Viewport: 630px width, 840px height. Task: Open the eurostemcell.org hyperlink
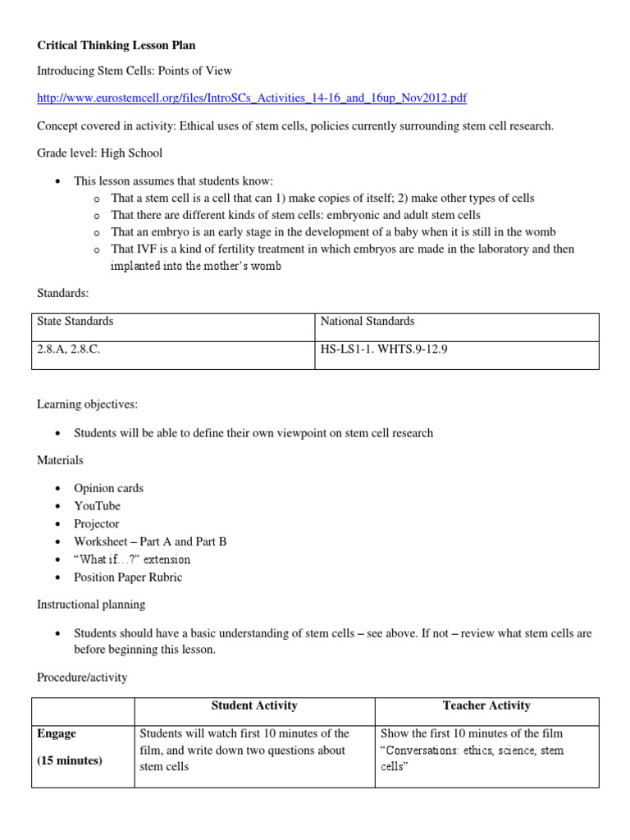click(252, 98)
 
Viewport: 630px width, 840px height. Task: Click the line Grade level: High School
click(99, 153)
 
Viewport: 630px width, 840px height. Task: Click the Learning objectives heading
click(88, 404)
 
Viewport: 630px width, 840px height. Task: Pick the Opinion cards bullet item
click(108, 488)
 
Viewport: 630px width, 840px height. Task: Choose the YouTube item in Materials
click(97, 506)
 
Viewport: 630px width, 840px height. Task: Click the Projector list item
click(97, 523)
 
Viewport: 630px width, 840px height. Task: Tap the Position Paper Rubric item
click(128, 577)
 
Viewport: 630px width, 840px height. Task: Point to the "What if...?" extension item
click(132, 559)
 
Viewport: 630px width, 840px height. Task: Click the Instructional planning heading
click(91, 605)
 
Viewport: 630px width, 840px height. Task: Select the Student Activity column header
click(254, 706)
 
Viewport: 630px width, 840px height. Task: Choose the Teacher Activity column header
click(486, 706)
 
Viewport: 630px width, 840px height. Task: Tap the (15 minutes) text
click(70, 760)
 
